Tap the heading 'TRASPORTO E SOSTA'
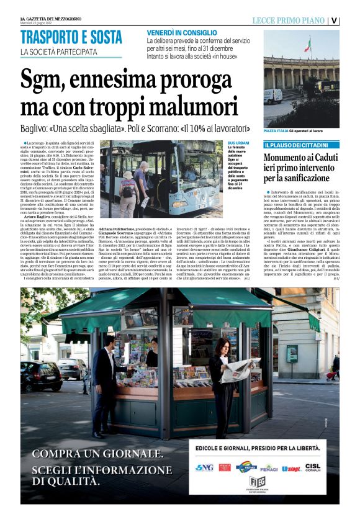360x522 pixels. coord(71,38)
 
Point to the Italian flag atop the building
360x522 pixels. coord(307,45)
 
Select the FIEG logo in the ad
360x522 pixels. coord(256,482)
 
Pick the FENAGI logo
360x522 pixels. coord(269,467)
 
